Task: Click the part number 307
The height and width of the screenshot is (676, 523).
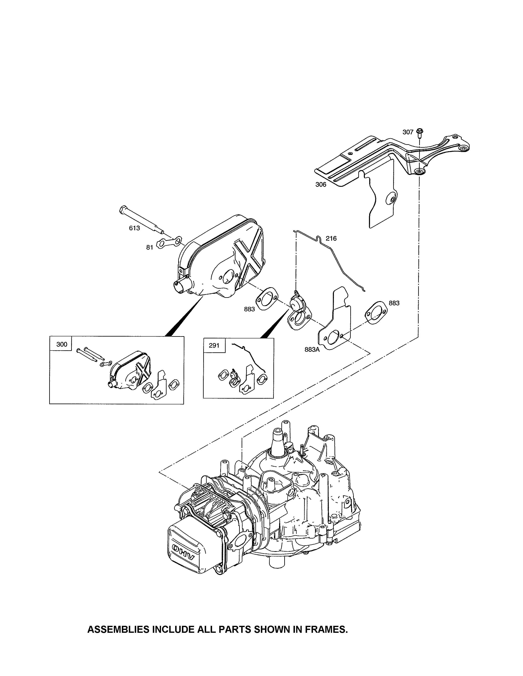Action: coord(408,132)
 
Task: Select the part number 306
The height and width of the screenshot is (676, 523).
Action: coord(321,185)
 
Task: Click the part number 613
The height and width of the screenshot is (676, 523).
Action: coord(134,228)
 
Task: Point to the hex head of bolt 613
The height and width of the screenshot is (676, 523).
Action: coord(123,210)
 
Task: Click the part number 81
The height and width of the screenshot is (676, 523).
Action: coord(150,247)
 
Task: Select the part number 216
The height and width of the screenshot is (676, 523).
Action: coord(331,238)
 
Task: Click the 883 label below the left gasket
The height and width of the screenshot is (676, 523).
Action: coord(249,309)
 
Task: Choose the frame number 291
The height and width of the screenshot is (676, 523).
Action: coord(214,345)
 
